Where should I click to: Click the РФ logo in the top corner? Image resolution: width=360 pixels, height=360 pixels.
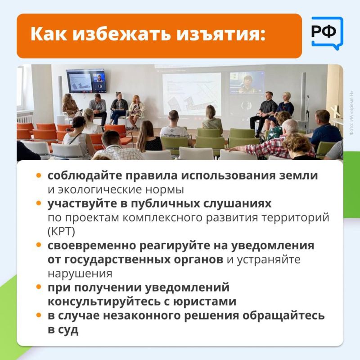click(x=327, y=33)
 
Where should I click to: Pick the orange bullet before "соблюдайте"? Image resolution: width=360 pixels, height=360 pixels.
click(x=39, y=176)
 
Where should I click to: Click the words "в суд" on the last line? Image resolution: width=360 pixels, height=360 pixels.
click(x=63, y=329)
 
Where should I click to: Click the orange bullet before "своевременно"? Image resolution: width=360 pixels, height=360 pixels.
click(x=39, y=246)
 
